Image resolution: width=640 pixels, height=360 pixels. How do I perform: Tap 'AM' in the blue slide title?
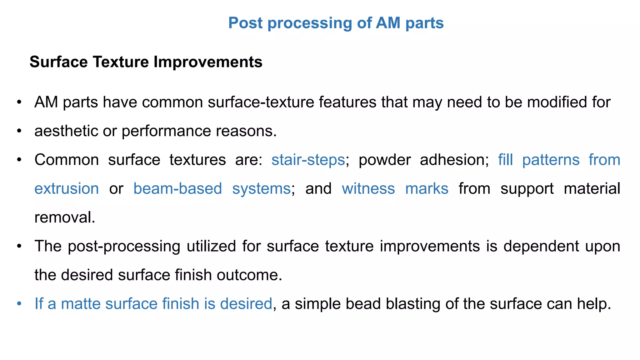pos(388,23)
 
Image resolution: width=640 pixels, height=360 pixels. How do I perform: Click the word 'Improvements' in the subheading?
pos(208,62)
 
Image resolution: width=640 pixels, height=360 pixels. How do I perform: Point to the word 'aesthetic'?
pos(66,131)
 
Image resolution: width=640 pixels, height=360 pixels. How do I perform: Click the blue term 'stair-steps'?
pos(308,160)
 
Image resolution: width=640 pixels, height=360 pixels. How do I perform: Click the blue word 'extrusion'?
pos(67,189)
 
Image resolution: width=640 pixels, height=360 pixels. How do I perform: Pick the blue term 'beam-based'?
pos(177,189)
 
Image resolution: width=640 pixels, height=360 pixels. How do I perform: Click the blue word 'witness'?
pos(368,189)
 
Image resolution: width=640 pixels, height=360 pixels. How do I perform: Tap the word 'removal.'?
pos(65,217)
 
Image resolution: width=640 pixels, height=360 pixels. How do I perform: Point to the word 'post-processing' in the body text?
pos(124,246)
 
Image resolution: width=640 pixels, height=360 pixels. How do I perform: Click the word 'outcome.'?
pos(249,275)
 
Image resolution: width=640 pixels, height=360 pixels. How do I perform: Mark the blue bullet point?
pos(19,304)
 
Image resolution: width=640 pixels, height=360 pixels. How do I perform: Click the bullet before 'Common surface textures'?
pos(19,160)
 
